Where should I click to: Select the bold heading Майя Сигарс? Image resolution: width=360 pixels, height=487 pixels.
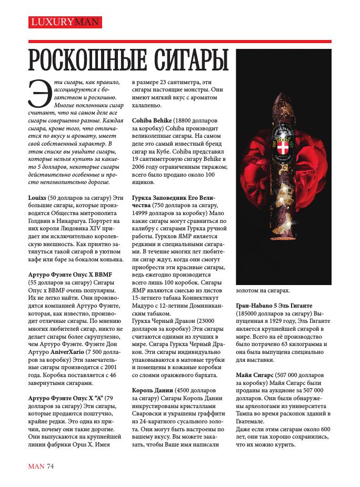(255, 376)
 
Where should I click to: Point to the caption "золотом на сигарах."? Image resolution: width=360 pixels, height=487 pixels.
(262, 290)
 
